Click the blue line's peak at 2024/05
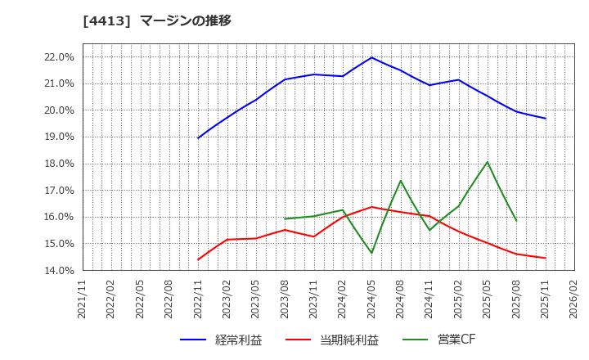pos(371,57)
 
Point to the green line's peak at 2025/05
pos(488,162)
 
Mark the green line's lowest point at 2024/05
pos(371,253)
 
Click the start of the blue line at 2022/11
pos(198,137)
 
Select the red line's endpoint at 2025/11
pos(546,258)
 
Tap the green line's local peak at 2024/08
pos(401,181)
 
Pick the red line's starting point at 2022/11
pos(198,259)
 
